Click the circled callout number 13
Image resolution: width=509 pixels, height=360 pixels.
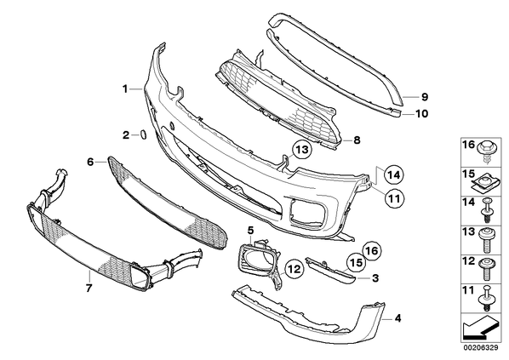301,151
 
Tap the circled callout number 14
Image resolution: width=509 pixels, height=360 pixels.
394,175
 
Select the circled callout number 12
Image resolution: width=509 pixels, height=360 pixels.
295,269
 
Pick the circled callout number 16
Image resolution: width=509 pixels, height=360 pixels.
372,250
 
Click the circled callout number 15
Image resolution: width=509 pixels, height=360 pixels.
356,263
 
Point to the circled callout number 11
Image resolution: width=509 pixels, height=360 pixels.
394,198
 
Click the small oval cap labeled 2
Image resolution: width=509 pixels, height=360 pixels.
143,134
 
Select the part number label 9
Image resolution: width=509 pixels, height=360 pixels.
425,97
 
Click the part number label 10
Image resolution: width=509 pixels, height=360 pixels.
422,113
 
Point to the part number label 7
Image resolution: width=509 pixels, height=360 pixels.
89,288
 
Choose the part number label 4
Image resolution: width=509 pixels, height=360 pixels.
398,318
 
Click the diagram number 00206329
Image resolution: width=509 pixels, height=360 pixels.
482,348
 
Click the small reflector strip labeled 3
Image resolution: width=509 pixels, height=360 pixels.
330,271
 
